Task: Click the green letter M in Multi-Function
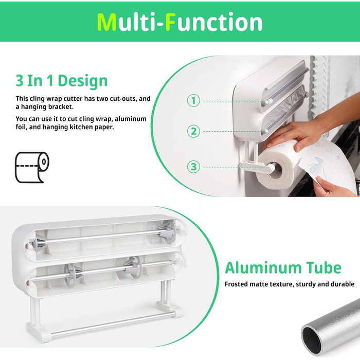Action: [107, 22]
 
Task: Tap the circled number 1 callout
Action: [193, 101]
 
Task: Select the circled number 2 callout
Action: [193, 131]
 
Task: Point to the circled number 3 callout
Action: [193, 167]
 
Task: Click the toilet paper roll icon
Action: [32, 167]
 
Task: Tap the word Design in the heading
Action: [83, 81]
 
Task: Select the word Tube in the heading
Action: [323, 268]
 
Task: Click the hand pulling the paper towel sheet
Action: [331, 186]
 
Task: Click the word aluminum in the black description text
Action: [131, 119]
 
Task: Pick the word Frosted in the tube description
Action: [236, 284]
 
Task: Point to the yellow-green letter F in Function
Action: [171, 22]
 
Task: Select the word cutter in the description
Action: [73, 99]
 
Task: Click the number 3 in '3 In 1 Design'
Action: [20, 81]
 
